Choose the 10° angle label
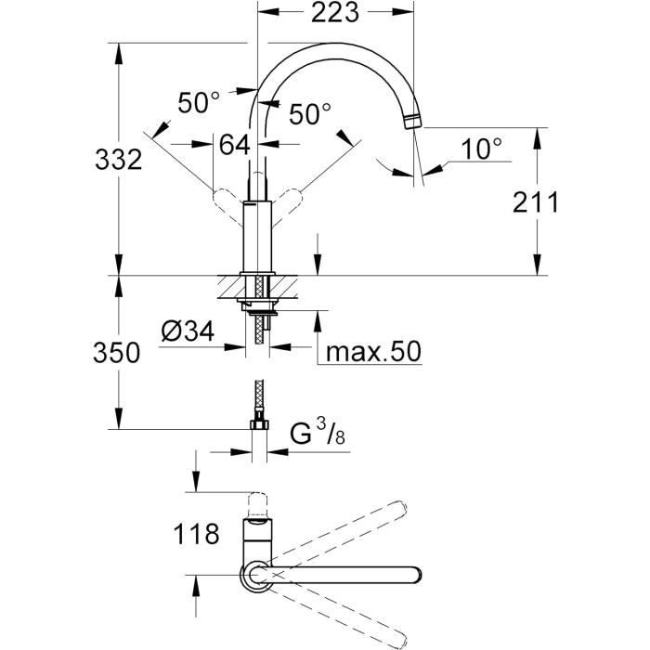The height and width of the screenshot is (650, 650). pyautogui.click(x=482, y=146)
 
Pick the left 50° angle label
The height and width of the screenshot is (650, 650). pyautogui.click(x=198, y=102)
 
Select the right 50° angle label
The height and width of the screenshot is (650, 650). pyautogui.click(x=309, y=114)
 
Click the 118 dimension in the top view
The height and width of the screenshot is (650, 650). pyautogui.click(x=196, y=533)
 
